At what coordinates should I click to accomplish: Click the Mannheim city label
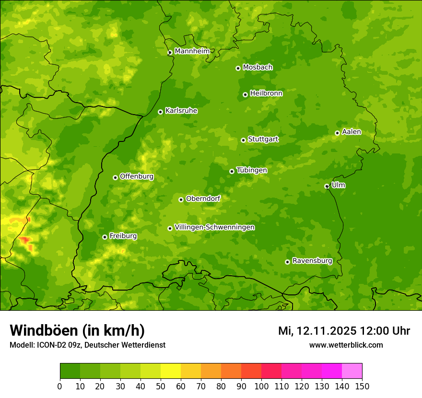click(x=192, y=51)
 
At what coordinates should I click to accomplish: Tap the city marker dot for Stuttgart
click(x=243, y=140)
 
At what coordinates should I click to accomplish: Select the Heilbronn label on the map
click(x=266, y=94)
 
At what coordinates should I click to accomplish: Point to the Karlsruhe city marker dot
click(x=160, y=112)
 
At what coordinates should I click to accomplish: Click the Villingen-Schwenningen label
click(x=214, y=227)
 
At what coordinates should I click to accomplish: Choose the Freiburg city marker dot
click(x=105, y=237)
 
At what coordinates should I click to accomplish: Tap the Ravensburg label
click(x=312, y=261)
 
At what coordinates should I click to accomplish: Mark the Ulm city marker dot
click(x=327, y=186)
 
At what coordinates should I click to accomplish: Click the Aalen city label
click(x=352, y=132)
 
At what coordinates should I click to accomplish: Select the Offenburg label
click(x=137, y=176)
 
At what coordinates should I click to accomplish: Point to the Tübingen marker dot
click(x=232, y=171)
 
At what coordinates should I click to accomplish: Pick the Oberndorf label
click(x=203, y=199)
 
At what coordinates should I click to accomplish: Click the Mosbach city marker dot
click(x=238, y=68)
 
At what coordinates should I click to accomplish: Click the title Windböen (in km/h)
click(x=77, y=330)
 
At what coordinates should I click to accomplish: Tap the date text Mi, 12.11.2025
click(x=316, y=331)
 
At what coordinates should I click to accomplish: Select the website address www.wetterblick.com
click(x=346, y=345)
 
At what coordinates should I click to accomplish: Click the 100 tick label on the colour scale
click(x=261, y=386)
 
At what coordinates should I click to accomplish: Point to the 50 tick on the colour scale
click(x=161, y=386)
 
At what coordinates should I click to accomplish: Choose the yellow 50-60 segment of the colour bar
click(x=171, y=371)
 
